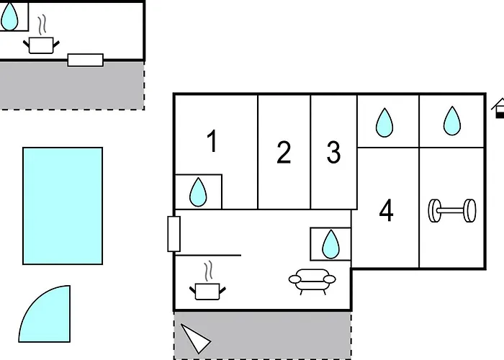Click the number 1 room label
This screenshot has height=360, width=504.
click(x=212, y=141)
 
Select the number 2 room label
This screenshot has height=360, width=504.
click(x=284, y=153)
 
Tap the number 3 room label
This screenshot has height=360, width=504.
click(x=333, y=153)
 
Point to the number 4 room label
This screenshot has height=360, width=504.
click(x=387, y=210)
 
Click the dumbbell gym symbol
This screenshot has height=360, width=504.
click(x=452, y=210)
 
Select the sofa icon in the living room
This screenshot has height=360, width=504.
click(x=312, y=282)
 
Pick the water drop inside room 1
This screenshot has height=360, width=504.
click(x=198, y=192)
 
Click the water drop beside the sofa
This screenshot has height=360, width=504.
click(x=330, y=244)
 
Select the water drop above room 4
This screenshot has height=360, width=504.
click(x=384, y=123)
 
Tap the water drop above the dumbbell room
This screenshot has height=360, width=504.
click(x=452, y=121)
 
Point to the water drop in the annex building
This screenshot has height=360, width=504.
click(x=9, y=17)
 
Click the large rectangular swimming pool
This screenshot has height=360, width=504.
click(x=63, y=206)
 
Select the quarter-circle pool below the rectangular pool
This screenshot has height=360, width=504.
click(x=45, y=314)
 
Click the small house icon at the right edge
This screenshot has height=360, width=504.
click(x=498, y=108)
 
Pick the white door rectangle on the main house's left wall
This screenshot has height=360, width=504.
click(x=174, y=234)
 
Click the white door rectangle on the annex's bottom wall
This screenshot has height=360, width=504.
click(x=86, y=60)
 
